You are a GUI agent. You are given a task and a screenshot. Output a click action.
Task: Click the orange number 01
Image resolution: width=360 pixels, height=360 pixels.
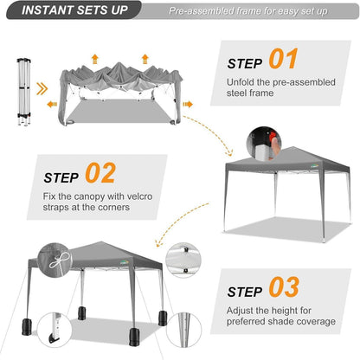[283, 59]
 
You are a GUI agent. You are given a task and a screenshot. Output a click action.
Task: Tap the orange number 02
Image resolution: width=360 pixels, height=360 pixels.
[100, 172]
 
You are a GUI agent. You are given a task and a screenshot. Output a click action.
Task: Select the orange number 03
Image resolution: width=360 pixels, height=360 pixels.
[284, 286]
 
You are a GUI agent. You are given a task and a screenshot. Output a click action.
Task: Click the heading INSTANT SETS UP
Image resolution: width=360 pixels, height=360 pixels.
[74, 10]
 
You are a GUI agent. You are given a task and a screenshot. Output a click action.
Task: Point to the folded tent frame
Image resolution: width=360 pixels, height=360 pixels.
[24, 92]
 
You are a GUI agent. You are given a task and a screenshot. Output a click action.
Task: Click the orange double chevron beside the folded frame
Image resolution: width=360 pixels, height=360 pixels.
[42, 89]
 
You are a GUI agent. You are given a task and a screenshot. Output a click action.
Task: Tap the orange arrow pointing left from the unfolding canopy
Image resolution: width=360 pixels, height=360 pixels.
[52, 104]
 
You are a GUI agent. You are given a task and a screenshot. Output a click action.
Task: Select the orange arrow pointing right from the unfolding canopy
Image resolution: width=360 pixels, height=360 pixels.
[188, 104]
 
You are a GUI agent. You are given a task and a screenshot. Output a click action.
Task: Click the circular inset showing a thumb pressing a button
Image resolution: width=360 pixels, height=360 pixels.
[264, 144]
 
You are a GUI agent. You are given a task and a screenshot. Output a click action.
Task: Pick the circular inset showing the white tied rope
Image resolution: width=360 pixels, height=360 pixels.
[55, 260]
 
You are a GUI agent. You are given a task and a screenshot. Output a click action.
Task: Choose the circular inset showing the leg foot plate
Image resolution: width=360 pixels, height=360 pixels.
[55, 330]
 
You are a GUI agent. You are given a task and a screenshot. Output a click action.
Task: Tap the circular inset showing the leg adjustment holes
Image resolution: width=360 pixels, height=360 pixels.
[184, 330]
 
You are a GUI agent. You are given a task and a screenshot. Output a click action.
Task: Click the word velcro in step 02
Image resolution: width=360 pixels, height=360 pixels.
[139, 196]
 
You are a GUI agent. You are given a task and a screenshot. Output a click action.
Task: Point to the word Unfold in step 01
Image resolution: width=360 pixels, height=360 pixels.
[241, 82]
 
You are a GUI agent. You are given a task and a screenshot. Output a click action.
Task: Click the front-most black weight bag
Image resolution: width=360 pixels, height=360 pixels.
[134, 337]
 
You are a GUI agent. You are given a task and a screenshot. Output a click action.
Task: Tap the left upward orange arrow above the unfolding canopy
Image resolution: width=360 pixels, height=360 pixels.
[94, 59]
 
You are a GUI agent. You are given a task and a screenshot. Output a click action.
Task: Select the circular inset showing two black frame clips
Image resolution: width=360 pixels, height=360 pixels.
[183, 260]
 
